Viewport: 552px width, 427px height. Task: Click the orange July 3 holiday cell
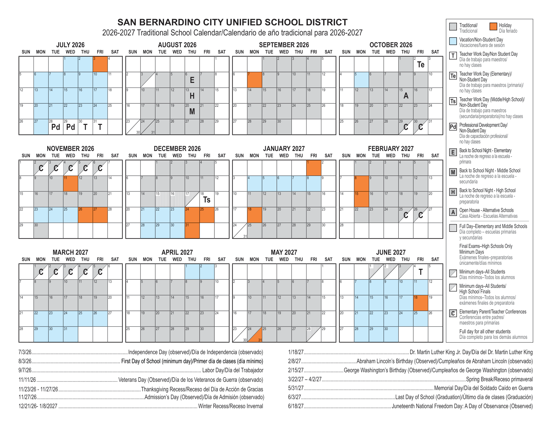(100, 64)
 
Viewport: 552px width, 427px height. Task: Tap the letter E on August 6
(192, 80)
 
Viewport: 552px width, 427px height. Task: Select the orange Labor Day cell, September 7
(254, 80)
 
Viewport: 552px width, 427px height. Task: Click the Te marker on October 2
(421, 65)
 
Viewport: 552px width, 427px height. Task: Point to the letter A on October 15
(406, 96)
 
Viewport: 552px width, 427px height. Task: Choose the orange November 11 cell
(71, 184)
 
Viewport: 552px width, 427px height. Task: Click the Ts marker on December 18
(207, 200)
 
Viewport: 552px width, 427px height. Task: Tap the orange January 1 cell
(314, 168)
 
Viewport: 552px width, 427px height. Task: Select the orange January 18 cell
(254, 215)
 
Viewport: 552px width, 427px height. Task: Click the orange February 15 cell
(361, 199)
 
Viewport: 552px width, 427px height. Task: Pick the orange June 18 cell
(421, 303)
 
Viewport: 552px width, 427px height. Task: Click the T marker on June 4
(421, 272)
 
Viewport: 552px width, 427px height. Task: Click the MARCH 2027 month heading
(70, 252)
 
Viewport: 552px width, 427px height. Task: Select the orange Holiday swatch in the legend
(493, 27)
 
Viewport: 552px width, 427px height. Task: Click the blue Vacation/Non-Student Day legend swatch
(453, 41)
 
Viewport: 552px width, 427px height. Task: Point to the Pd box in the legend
(453, 127)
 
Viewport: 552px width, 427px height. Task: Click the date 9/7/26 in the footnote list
(25, 370)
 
